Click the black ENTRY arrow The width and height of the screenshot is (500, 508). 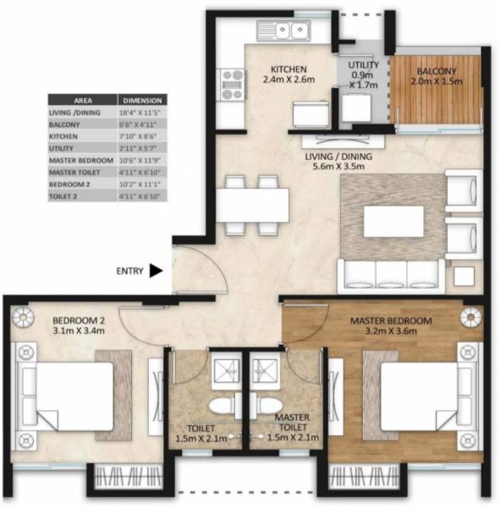click(156, 272)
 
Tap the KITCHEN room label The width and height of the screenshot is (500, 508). click(288, 69)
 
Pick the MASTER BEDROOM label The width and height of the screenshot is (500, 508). click(391, 322)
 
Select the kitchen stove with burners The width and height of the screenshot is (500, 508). click(231, 85)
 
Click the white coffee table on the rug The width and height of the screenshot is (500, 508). click(393, 222)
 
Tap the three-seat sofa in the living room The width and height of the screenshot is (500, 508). click(391, 275)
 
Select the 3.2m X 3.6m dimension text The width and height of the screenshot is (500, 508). click(391, 334)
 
